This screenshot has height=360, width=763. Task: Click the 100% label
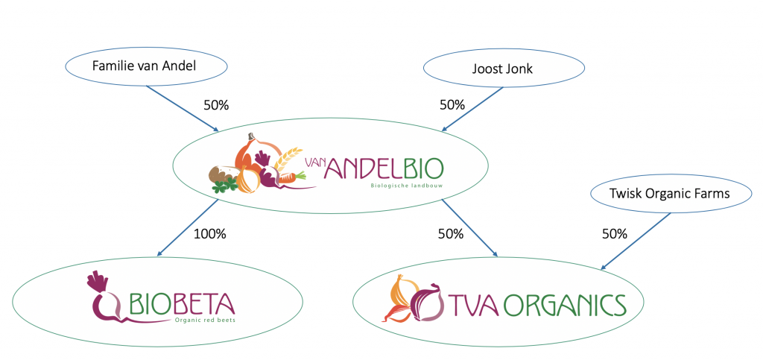pyautogui.click(x=210, y=233)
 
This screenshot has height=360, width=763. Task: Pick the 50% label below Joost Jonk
pyautogui.click(x=452, y=105)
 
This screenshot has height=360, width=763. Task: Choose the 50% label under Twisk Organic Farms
pyautogui.click(x=614, y=233)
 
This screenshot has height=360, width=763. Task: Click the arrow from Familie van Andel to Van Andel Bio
pyautogui.click(x=183, y=109)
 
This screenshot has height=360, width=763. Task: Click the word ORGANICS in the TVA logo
pyautogui.click(x=566, y=305)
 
